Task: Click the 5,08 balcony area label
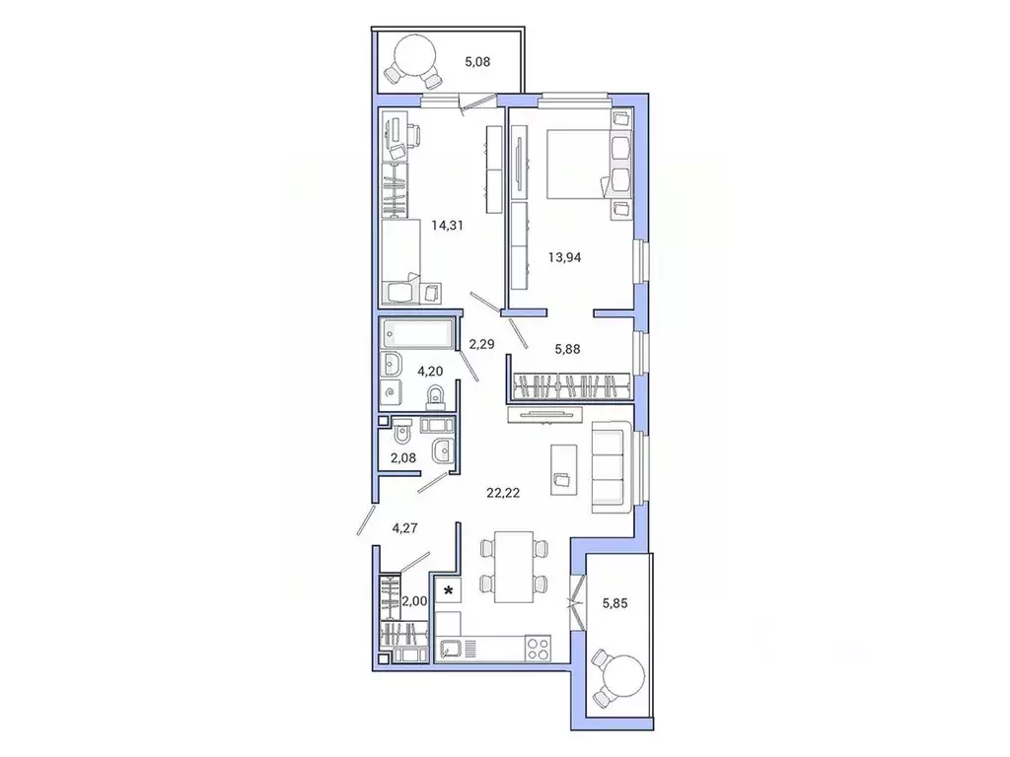[477, 62]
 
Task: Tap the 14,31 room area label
[447, 225]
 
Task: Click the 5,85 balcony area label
[616, 596]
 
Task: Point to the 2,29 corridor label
[482, 344]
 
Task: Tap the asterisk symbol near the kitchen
[450, 591]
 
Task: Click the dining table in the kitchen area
[512, 566]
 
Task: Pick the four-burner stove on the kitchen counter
[538, 649]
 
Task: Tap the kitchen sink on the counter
[454, 649]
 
